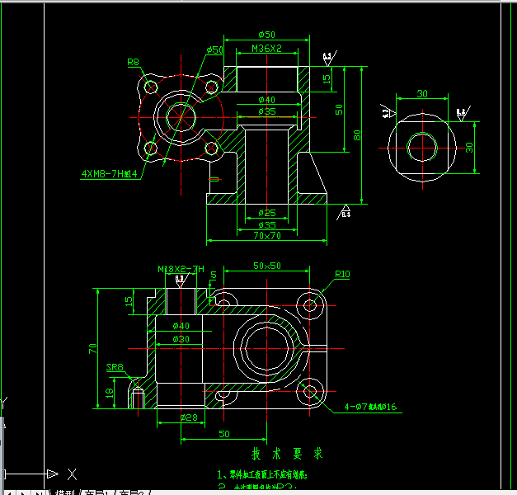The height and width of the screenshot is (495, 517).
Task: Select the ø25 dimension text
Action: click(266, 213)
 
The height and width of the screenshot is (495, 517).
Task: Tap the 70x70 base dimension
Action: click(266, 235)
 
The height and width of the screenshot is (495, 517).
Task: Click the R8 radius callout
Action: click(134, 62)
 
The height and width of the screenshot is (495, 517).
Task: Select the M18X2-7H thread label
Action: click(181, 270)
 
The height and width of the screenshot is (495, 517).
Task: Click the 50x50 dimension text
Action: click(267, 266)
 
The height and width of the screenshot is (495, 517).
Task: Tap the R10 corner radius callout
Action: click(342, 275)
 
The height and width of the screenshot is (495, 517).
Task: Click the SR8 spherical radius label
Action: click(114, 368)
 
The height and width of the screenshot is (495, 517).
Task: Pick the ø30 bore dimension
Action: click(181, 338)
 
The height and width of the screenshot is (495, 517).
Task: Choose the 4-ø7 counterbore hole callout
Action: click(371, 407)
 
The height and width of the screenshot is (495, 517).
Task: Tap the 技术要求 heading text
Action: click(287, 454)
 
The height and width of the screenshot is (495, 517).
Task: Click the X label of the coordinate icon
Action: click(73, 474)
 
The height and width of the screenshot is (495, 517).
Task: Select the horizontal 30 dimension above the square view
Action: click(422, 94)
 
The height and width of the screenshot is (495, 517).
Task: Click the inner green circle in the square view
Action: click(423, 147)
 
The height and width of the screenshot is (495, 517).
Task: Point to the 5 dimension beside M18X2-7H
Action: click(214, 275)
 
